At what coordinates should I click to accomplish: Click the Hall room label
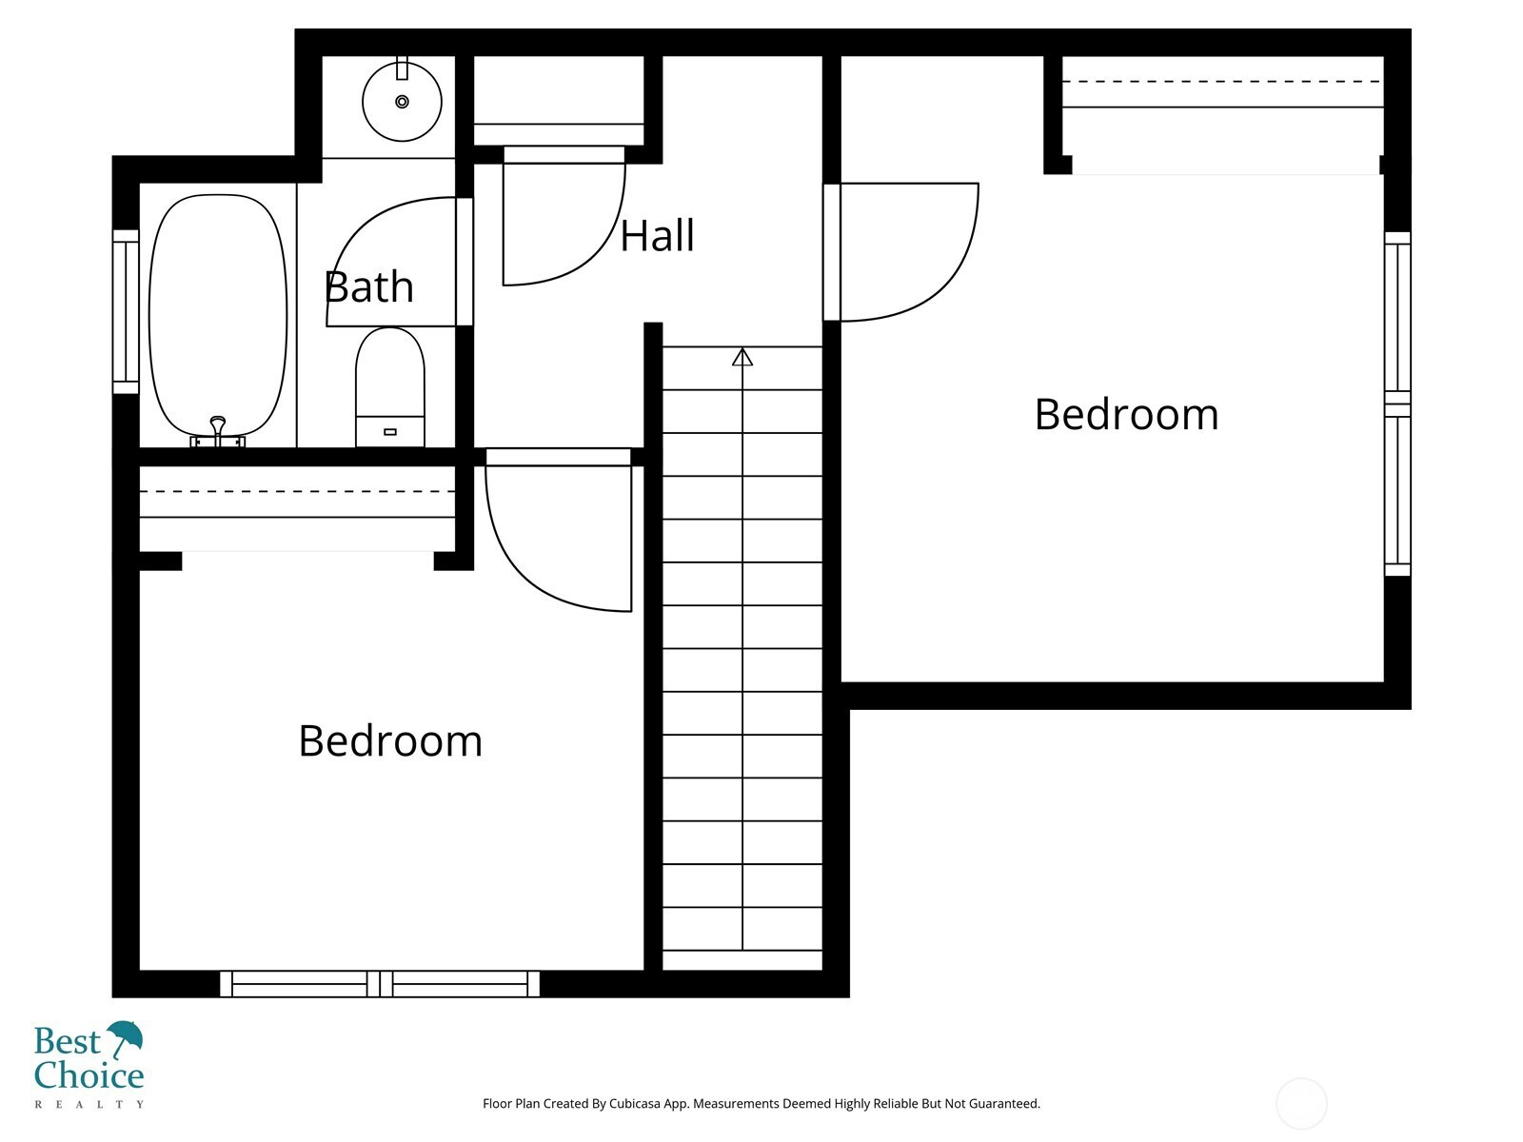pyautogui.click(x=657, y=236)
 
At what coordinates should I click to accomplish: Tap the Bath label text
pyautogui.click(x=369, y=286)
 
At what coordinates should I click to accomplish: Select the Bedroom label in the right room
pyautogui.click(x=1126, y=415)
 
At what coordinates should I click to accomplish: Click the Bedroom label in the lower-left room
pyautogui.click(x=390, y=740)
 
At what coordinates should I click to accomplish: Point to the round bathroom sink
pyautogui.click(x=402, y=101)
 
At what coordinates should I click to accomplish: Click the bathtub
pyautogui.click(x=218, y=316)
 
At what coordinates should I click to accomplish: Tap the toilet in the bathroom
pyautogui.click(x=390, y=387)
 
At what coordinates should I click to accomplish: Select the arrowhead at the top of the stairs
pyautogui.click(x=742, y=356)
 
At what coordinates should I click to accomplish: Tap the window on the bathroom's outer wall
pyautogui.click(x=126, y=312)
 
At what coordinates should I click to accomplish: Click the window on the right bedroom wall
pyautogui.click(x=1397, y=404)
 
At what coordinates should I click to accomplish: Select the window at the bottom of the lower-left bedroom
pyautogui.click(x=380, y=984)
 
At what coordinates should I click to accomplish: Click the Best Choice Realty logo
pyautogui.click(x=89, y=1064)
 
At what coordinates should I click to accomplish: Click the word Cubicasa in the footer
pyautogui.click(x=634, y=1103)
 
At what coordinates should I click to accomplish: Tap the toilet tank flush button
pyautogui.click(x=390, y=432)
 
